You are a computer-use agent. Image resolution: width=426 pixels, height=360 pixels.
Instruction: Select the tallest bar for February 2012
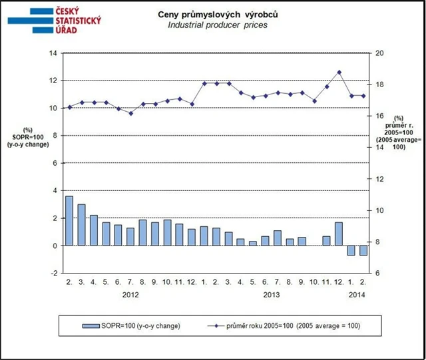click(x=69, y=221)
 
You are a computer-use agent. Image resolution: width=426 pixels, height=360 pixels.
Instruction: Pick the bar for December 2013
click(x=339, y=234)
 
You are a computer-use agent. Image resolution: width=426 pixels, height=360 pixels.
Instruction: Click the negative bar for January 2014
click(x=351, y=250)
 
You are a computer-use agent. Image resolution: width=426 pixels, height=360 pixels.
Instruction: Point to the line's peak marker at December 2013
click(x=339, y=72)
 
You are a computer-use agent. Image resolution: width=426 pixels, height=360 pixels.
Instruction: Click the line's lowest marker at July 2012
click(x=130, y=113)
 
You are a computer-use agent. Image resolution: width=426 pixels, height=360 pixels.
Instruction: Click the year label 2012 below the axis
click(x=130, y=293)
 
